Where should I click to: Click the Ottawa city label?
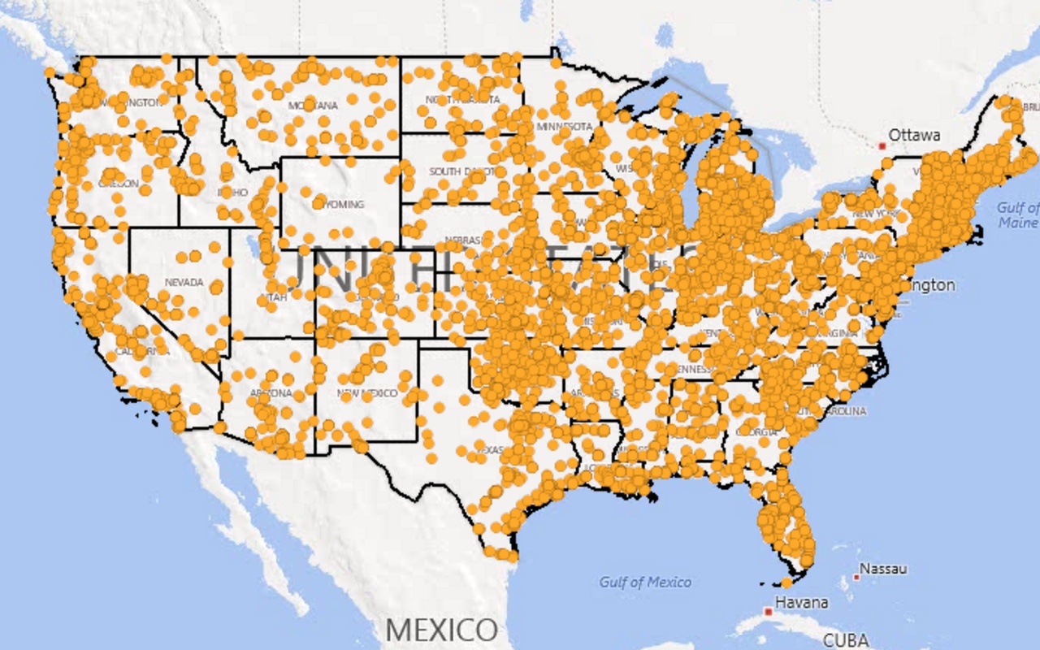[x=914, y=135]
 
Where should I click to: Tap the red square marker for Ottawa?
[x=882, y=145]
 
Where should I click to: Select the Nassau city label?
[x=883, y=568]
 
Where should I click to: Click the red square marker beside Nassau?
[x=856, y=577]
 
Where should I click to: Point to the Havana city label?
[x=803, y=602]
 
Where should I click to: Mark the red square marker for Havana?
[x=768, y=611]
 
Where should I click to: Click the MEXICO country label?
[x=441, y=630]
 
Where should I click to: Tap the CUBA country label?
[x=846, y=639]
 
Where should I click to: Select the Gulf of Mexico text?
[x=645, y=582]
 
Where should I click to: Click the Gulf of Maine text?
[x=1018, y=215]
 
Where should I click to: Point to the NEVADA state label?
[x=184, y=283]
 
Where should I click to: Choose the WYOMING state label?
[x=341, y=204]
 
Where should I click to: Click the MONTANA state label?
[x=313, y=106]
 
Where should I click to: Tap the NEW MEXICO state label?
[x=368, y=392]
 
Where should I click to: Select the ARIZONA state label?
[x=271, y=392]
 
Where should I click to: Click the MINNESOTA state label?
[x=564, y=127]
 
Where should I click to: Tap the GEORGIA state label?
[x=756, y=432]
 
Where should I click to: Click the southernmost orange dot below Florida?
[x=786, y=582]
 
